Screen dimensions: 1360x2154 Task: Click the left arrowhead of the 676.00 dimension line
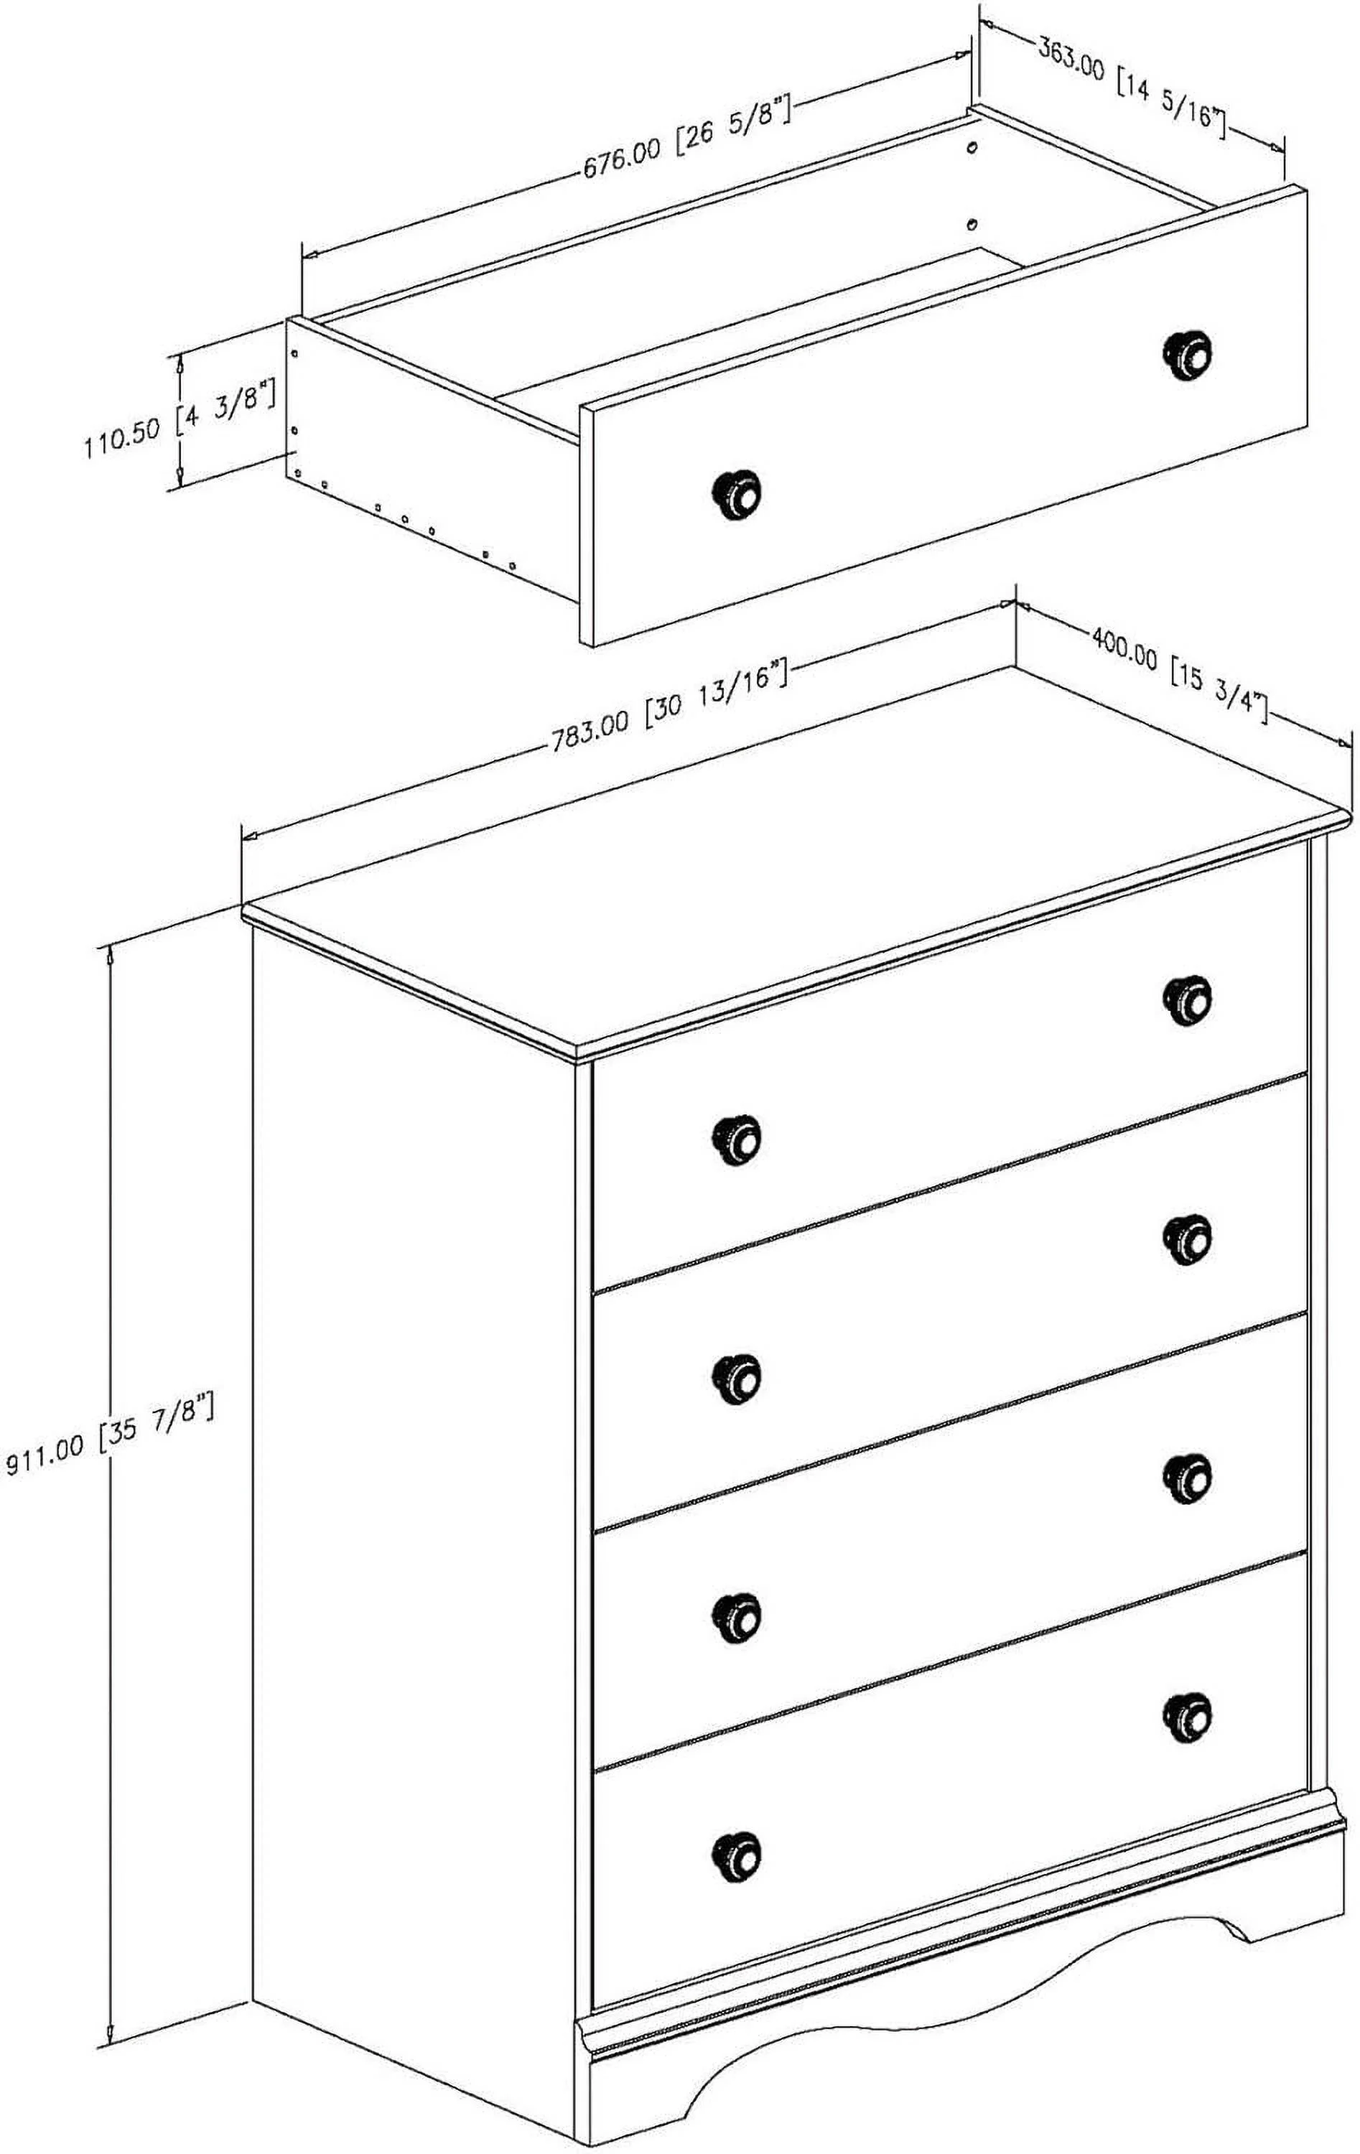click(312, 253)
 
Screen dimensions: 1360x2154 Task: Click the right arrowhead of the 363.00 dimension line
click(1277, 145)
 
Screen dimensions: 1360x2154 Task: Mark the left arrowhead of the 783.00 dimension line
click(251, 836)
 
